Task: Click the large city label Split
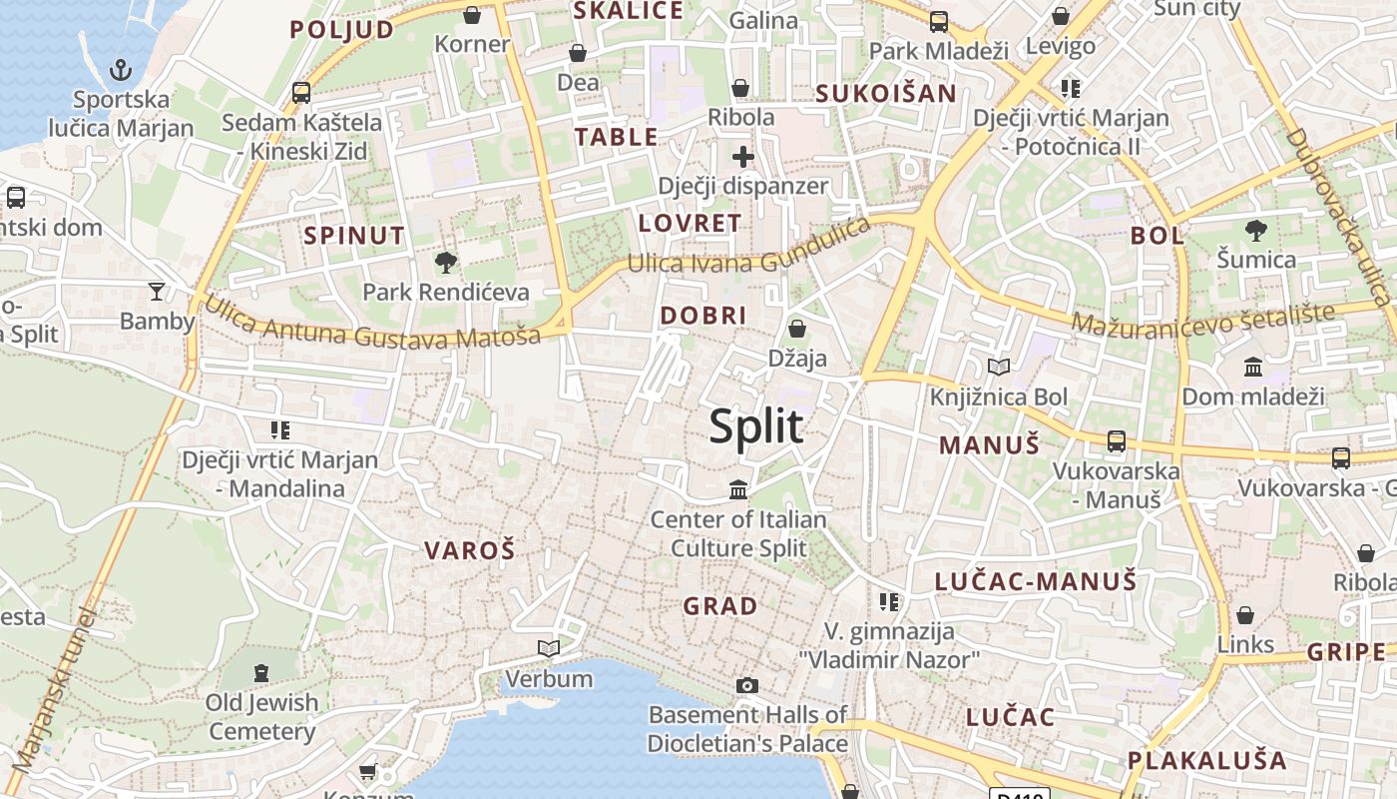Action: pyautogui.click(x=755, y=426)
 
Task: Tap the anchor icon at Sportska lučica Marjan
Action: pyautogui.click(x=121, y=70)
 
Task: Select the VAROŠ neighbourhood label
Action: pyautogui.click(x=469, y=550)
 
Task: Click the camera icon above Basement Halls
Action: pyautogui.click(x=746, y=685)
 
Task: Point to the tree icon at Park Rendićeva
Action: pyautogui.click(x=446, y=263)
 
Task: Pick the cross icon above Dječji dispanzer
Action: pyautogui.click(x=742, y=157)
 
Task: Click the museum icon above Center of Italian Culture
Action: pyautogui.click(x=738, y=489)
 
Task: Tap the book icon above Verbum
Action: pyautogui.click(x=548, y=649)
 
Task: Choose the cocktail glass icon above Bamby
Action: pyautogui.click(x=157, y=292)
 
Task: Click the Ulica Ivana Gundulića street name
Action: pyautogui.click(x=748, y=251)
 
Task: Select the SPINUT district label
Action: pyautogui.click(x=354, y=237)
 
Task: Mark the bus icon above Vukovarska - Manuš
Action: pyautogui.click(x=1117, y=441)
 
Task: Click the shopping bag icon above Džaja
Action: pyautogui.click(x=797, y=328)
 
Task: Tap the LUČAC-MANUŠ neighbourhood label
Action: pyautogui.click(x=1036, y=581)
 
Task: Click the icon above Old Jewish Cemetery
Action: pyautogui.click(x=261, y=673)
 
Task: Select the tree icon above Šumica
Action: pyautogui.click(x=1256, y=231)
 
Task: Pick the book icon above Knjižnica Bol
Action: pyautogui.click(x=999, y=368)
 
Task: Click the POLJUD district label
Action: pyautogui.click(x=342, y=30)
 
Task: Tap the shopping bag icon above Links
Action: pyautogui.click(x=1245, y=615)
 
